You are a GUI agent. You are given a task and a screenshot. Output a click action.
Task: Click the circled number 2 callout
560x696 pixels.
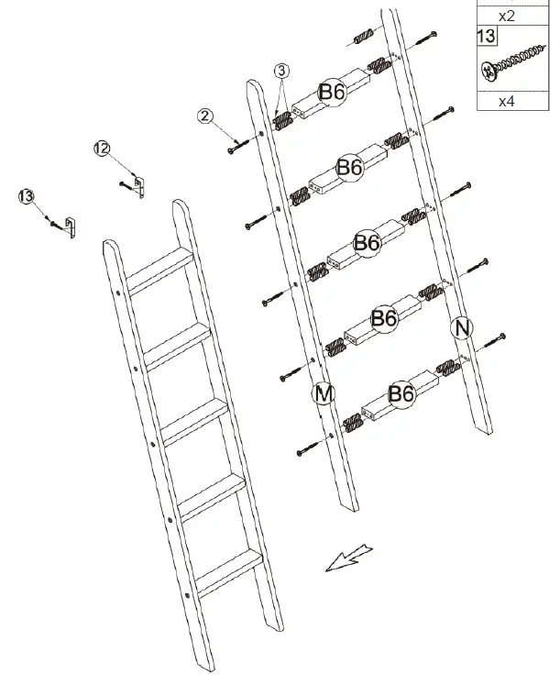205,116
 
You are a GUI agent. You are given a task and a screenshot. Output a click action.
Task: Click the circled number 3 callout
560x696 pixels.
281,71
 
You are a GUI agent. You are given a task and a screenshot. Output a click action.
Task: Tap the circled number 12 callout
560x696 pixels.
101,148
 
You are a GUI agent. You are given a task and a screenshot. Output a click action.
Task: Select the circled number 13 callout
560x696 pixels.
26,195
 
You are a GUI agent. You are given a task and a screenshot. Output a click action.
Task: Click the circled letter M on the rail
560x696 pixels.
323,392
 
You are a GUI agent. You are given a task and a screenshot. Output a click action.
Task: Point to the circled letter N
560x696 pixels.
461,327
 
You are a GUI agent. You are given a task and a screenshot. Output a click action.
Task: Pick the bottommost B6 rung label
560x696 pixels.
401,394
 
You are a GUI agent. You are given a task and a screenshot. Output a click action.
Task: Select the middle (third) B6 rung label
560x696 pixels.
367,243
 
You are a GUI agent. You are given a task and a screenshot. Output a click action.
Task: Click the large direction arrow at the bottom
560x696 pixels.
349,557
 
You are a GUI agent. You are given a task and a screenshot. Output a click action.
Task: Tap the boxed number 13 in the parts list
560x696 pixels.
486,36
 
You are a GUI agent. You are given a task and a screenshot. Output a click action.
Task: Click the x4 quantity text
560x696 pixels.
506,101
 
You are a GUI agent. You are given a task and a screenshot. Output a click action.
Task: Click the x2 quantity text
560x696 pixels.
506,16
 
